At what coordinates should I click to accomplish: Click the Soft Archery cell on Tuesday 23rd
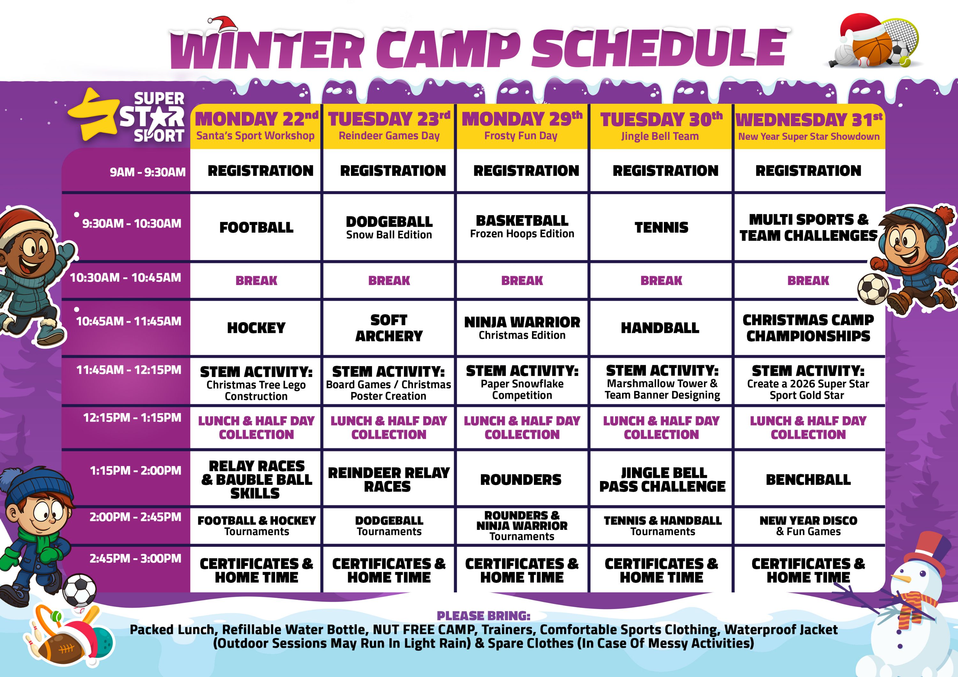coord(388,328)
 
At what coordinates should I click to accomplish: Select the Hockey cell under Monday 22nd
coord(256,328)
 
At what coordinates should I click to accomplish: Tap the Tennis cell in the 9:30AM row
coord(661,227)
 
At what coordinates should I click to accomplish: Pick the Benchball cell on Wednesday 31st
coord(808,479)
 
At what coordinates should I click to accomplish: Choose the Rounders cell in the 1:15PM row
coord(521,479)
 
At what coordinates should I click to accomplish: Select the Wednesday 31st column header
coord(809,126)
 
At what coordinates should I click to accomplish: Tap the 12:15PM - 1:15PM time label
coord(132,417)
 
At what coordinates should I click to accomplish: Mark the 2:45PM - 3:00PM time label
coord(135,559)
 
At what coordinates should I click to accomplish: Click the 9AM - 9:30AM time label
coord(147,172)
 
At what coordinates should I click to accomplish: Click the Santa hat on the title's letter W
coord(222,24)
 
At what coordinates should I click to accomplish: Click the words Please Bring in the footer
coord(483,616)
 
